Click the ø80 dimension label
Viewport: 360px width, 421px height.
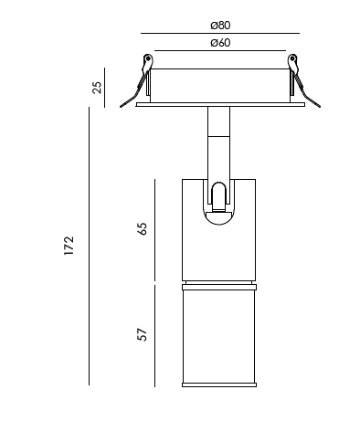pyautogui.click(x=220, y=26)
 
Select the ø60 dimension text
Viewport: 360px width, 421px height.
pyautogui.click(x=220, y=43)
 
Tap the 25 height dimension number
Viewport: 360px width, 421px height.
pyautogui.click(x=97, y=88)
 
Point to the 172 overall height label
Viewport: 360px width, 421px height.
pyautogui.click(x=69, y=246)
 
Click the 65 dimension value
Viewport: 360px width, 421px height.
pyautogui.click(x=143, y=229)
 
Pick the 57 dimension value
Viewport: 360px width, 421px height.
pyautogui.click(x=143, y=334)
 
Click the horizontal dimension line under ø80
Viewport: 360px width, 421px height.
pyautogui.click(x=220, y=33)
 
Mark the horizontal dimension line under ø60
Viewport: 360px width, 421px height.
pyautogui.click(x=220, y=50)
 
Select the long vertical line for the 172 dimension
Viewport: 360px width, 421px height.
pyautogui.click(x=89, y=246)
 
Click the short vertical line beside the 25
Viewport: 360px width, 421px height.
pyautogui.click(x=104, y=88)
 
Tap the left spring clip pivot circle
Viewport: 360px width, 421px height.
pyautogui.click(x=148, y=58)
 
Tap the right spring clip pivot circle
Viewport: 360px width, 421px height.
pyautogui.click(x=292, y=58)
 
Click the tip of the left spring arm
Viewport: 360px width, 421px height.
pyautogui.click(x=121, y=107)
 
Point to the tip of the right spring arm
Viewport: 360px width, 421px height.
pyautogui.click(x=319, y=107)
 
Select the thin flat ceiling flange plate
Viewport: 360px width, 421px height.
pyautogui.click(x=220, y=105)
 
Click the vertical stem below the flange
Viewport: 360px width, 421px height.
pyautogui.click(x=219, y=142)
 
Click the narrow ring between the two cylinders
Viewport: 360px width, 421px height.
pyautogui.click(x=219, y=287)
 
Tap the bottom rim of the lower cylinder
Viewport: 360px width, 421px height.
pyautogui.click(x=219, y=384)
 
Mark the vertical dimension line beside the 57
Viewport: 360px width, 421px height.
pyautogui.click(x=154, y=336)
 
